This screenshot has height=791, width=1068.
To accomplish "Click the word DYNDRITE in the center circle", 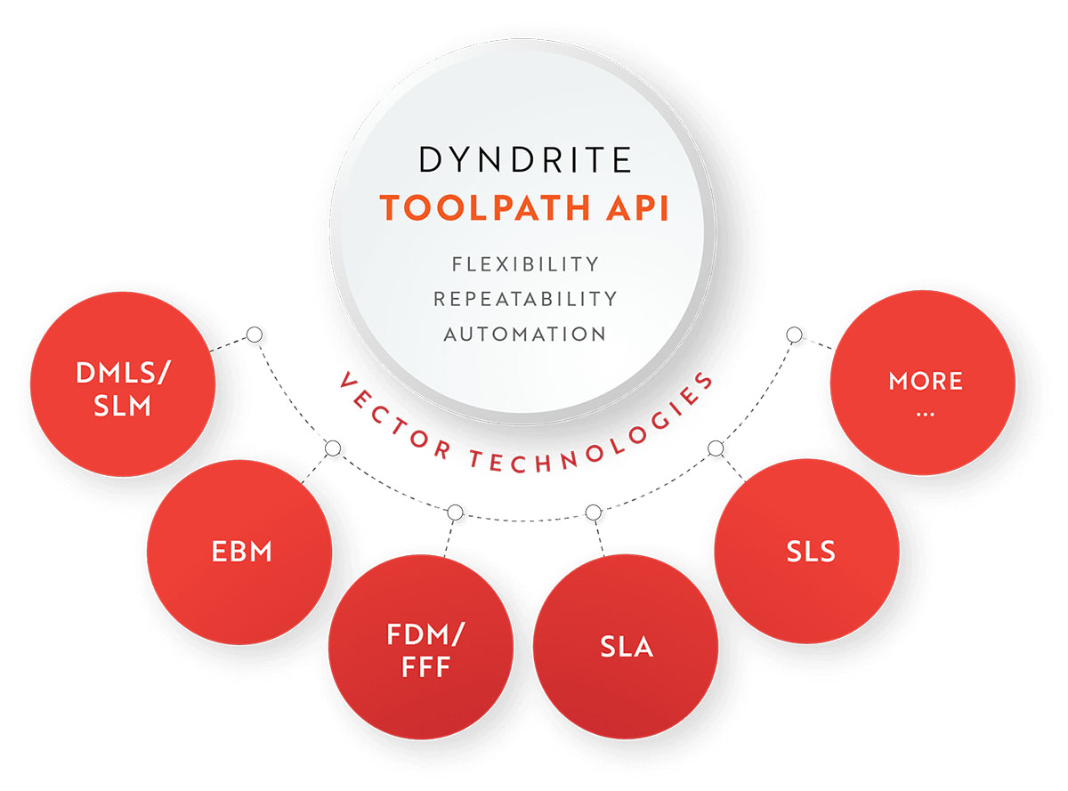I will click(525, 160).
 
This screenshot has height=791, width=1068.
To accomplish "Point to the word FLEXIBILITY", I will click(525, 264).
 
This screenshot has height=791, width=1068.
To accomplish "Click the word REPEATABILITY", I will click(525, 299).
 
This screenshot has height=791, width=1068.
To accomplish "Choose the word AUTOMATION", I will click(525, 334).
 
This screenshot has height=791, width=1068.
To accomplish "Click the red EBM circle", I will click(240, 553).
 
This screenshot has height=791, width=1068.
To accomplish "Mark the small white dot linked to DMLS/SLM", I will click(255, 335).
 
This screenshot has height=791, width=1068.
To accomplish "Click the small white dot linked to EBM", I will click(332, 448).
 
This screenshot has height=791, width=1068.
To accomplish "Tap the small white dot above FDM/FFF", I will click(455, 513).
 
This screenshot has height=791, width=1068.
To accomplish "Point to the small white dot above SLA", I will click(594, 513).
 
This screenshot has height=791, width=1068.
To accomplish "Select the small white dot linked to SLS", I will click(715, 448).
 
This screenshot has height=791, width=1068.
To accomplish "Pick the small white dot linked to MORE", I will click(794, 335).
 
